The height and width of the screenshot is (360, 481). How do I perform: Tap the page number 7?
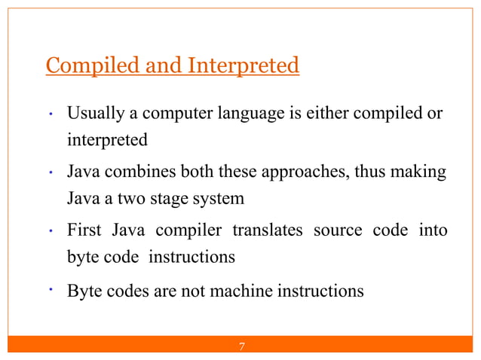[x=241, y=347]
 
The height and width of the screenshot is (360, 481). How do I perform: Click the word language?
[x=249, y=114]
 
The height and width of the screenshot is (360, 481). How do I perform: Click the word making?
[x=420, y=172]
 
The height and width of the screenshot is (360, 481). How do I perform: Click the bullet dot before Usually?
[x=49, y=115]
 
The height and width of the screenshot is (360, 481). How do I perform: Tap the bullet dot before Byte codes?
[x=49, y=288]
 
